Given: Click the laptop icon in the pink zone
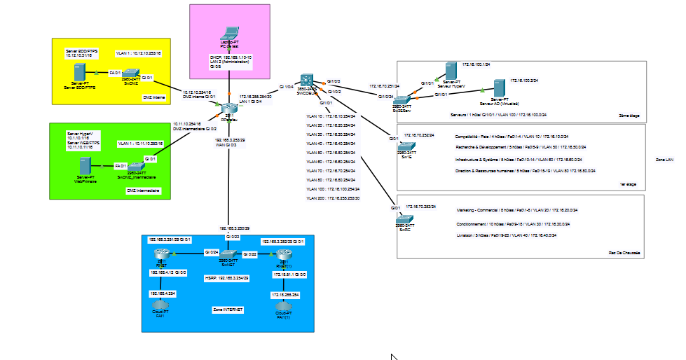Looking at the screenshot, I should point(229,33).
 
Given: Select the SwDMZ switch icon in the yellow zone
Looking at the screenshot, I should point(130,74).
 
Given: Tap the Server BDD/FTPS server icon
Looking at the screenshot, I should point(79,71).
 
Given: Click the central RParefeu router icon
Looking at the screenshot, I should point(228,109).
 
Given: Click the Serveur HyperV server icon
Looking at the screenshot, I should point(452,70).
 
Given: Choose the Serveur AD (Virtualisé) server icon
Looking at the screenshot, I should point(500,88).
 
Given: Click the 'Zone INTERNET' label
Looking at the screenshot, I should point(228,308).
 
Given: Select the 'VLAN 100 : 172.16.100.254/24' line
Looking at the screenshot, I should point(333,189).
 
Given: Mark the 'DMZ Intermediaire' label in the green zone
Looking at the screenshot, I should point(144,191).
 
